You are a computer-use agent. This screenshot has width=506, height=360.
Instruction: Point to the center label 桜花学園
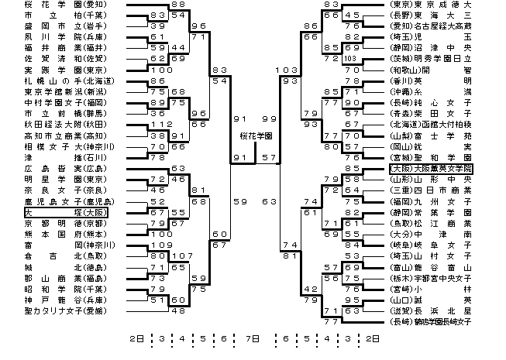[253, 135]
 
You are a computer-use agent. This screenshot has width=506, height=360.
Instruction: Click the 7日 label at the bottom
[252, 338]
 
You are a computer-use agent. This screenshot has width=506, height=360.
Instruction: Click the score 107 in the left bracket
[183, 255]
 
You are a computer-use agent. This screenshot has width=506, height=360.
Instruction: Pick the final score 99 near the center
[270, 118]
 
